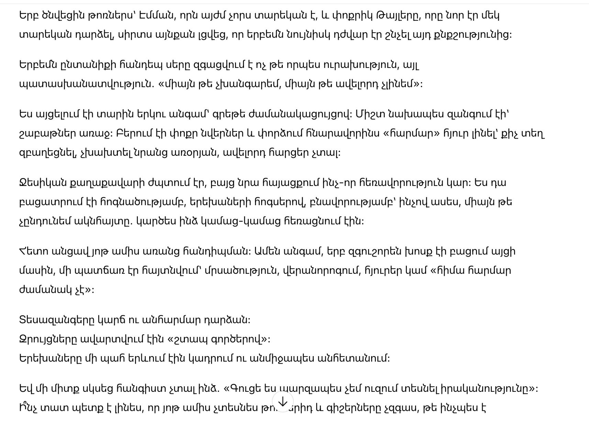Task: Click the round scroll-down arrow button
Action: [282, 401]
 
